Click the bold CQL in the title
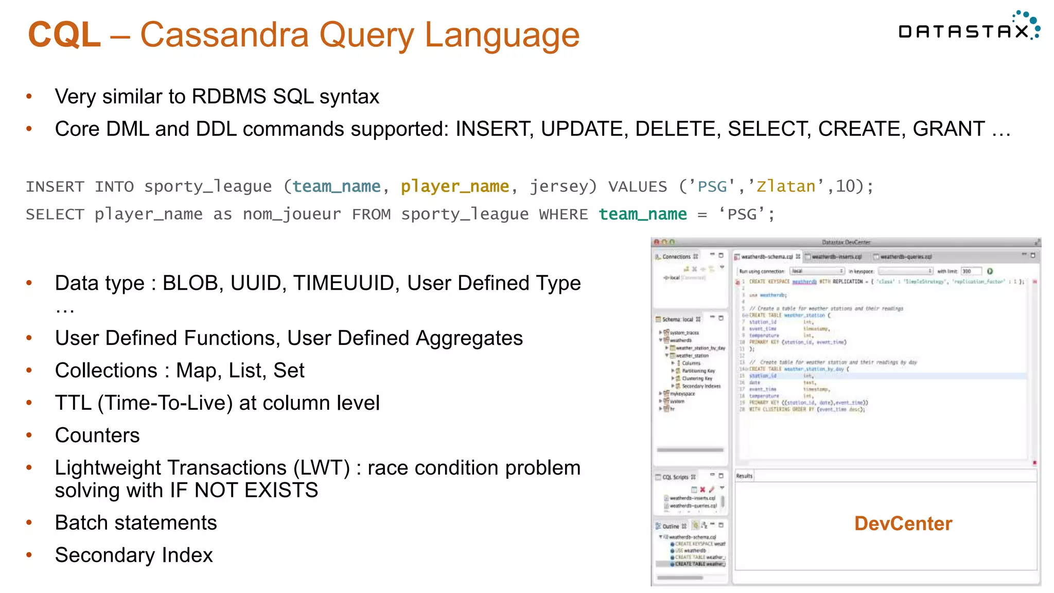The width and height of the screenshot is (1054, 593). point(64,35)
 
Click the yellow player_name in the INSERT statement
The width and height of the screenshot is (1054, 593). point(454,186)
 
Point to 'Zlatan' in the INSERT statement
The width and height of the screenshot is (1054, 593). point(786,186)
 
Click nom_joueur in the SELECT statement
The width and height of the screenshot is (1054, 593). point(291,214)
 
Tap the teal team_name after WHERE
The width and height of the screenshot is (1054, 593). point(642,214)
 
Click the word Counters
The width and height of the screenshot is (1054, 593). point(97,435)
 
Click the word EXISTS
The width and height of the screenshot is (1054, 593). point(282,490)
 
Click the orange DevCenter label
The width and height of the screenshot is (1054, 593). point(903,524)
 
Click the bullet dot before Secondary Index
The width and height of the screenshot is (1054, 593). point(29,555)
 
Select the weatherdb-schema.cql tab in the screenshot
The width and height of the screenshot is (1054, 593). point(766,256)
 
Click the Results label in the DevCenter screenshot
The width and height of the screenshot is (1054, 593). point(744,476)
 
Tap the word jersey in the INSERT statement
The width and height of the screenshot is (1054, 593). point(563,186)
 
